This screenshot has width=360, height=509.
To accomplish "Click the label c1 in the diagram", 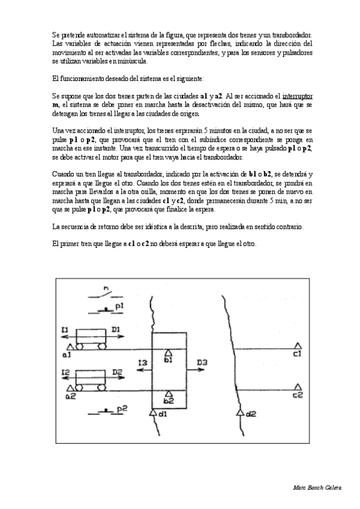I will point(297,355).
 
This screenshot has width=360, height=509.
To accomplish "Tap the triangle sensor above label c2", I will point(297,387).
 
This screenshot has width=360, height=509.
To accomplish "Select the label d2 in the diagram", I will point(251,414).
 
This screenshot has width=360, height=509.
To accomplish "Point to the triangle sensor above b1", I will point(169,352).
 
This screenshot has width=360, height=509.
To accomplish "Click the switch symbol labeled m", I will point(106,293).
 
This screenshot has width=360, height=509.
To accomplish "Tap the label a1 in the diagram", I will point(66,355).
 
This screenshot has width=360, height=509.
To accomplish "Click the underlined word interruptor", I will point(301,95).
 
